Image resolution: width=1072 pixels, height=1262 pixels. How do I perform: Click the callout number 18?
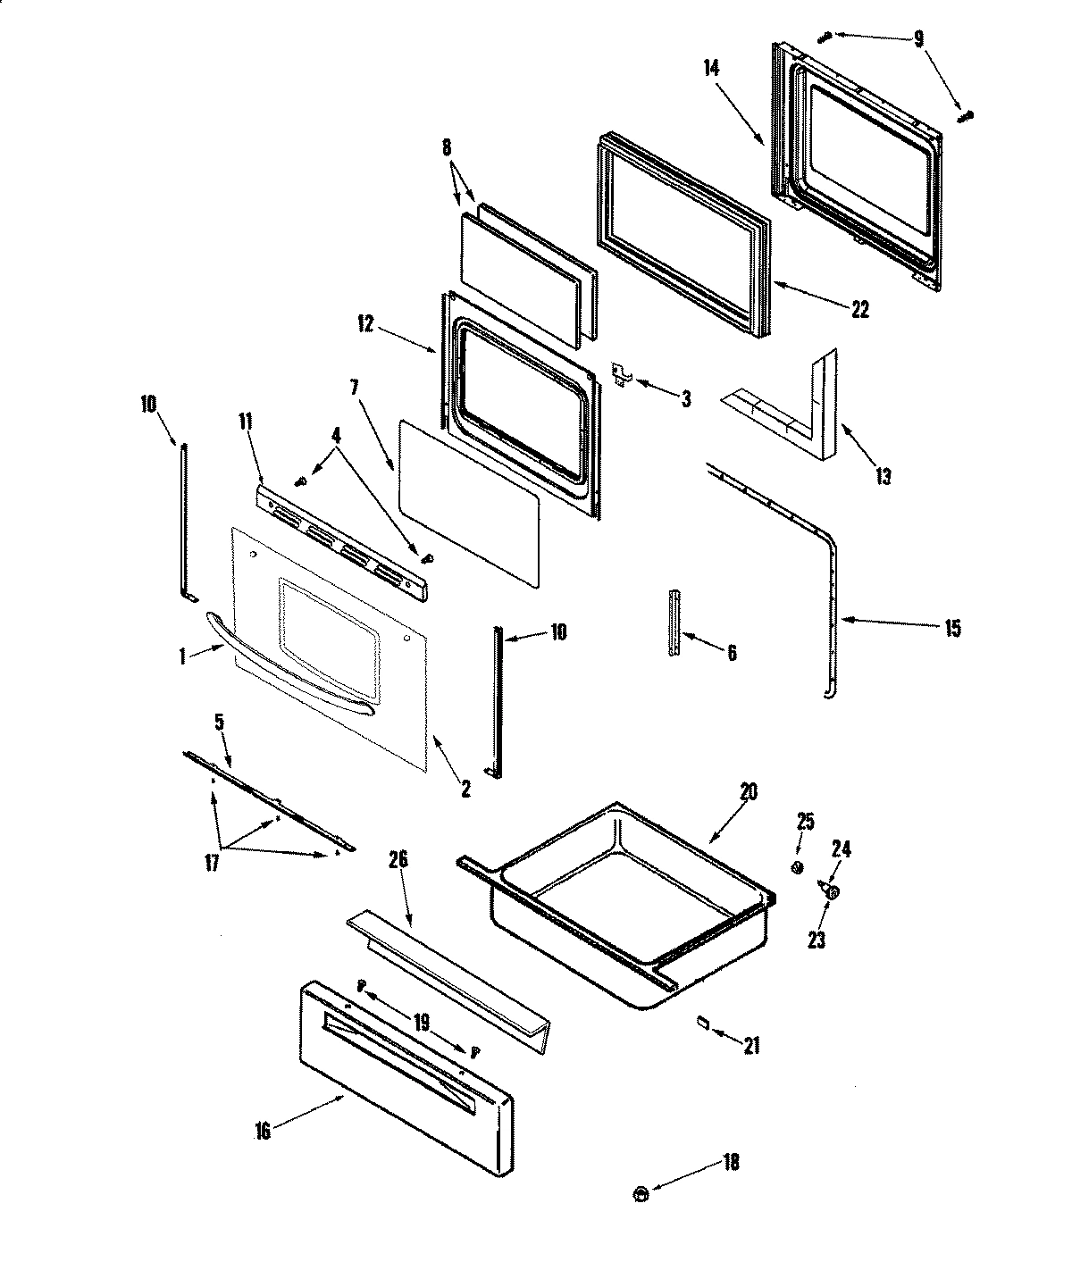(x=731, y=1162)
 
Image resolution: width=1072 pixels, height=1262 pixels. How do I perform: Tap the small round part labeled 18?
(x=640, y=1191)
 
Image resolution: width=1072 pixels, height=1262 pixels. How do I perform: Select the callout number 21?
(x=752, y=1044)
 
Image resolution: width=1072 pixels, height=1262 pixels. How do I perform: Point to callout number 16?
(x=262, y=1131)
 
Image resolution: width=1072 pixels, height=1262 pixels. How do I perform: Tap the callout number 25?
(x=805, y=823)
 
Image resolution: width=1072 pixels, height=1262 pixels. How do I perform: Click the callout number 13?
(x=883, y=476)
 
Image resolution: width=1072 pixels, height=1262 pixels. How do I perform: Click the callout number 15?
(x=951, y=629)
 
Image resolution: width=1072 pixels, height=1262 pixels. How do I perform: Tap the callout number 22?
(x=859, y=310)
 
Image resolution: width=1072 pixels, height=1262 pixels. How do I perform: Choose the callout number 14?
(x=711, y=68)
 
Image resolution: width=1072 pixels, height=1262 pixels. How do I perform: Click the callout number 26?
(x=398, y=860)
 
